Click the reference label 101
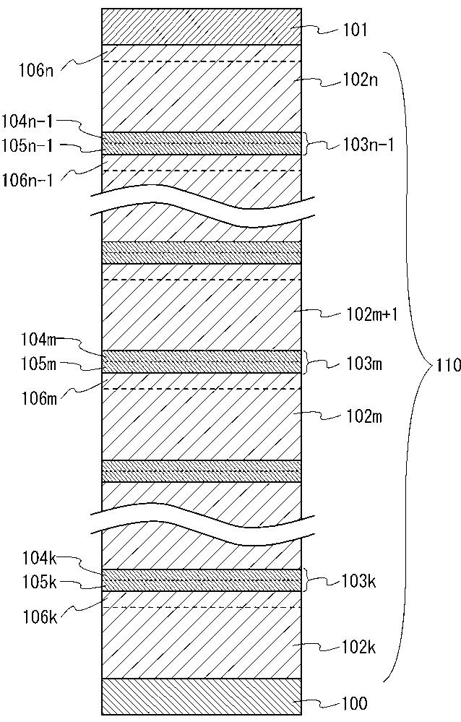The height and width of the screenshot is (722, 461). pyautogui.click(x=355, y=30)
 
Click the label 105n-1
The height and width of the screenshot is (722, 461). pyautogui.click(x=28, y=145)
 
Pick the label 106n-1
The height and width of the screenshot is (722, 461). pyautogui.click(x=28, y=179)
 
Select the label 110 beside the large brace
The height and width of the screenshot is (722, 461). pyautogui.click(x=447, y=366)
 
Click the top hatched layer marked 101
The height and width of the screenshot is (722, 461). pyautogui.click(x=201, y=27)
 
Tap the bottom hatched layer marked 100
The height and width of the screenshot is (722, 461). pyautogui.click(x=201, y=696)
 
